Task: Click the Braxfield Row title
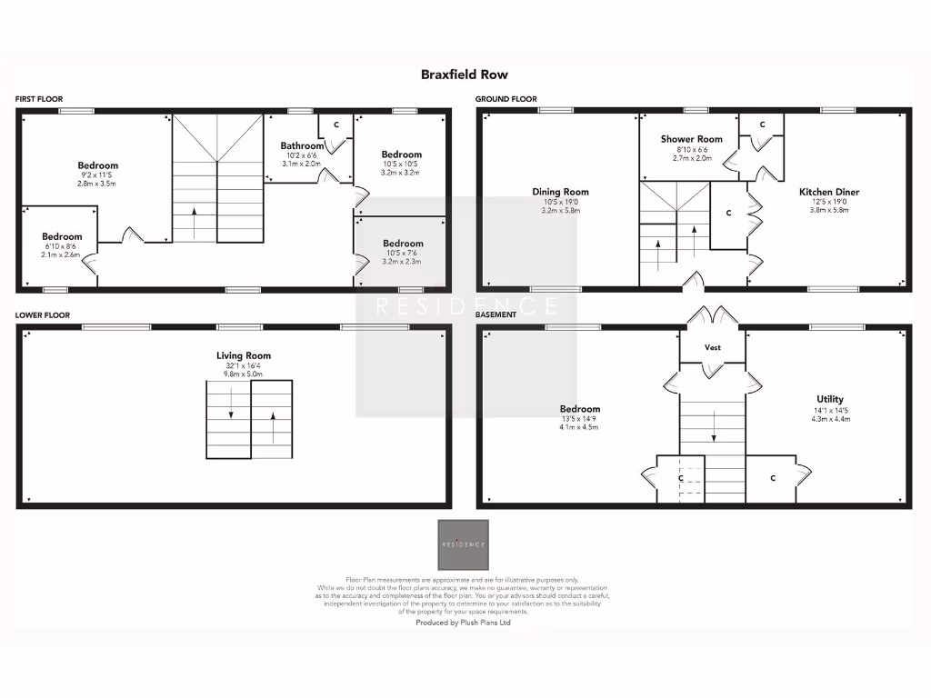[465, 75]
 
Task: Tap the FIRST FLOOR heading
[38, 99]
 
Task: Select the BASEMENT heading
[496, 314]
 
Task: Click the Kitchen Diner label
[828, 192]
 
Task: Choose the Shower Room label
[691, 139]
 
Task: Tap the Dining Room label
[560, 192]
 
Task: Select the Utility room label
[829, 399]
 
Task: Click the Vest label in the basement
[713, 347]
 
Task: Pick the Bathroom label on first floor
[302, 145]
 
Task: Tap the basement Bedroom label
[579, 409]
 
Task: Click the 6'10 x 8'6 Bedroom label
[61, 236]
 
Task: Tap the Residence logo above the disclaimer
[464, 544]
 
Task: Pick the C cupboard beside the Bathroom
[335, 124]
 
